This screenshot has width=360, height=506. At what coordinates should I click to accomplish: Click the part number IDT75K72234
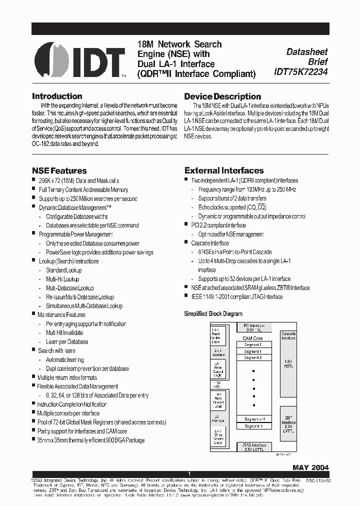click(300, 72)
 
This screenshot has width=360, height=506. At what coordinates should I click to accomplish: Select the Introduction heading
click(57, 96)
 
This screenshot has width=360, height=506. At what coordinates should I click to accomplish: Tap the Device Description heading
click(222, 96)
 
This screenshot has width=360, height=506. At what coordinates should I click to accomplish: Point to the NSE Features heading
click(59, 170)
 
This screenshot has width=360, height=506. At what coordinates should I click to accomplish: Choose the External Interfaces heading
click(224, 170)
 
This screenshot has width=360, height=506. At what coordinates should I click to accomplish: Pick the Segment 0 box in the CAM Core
click(253, 344)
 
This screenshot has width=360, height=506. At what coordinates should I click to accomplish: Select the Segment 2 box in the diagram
click(253, 357)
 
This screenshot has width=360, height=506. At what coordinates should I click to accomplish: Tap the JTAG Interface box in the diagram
click(253, 446)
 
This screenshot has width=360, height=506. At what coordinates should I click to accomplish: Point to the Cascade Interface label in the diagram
click(288, 335)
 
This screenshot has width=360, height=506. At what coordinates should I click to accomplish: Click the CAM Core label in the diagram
click(253, 338)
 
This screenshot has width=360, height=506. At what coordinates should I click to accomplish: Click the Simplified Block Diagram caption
click(213, 314)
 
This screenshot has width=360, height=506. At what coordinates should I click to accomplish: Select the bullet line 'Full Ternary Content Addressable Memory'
click(83, 189)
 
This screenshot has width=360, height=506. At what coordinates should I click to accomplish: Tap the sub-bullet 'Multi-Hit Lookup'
click(62, 279)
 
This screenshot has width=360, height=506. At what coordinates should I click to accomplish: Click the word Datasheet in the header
click(307, 51)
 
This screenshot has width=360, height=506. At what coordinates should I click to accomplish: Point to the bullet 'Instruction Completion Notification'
click(72, 404)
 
